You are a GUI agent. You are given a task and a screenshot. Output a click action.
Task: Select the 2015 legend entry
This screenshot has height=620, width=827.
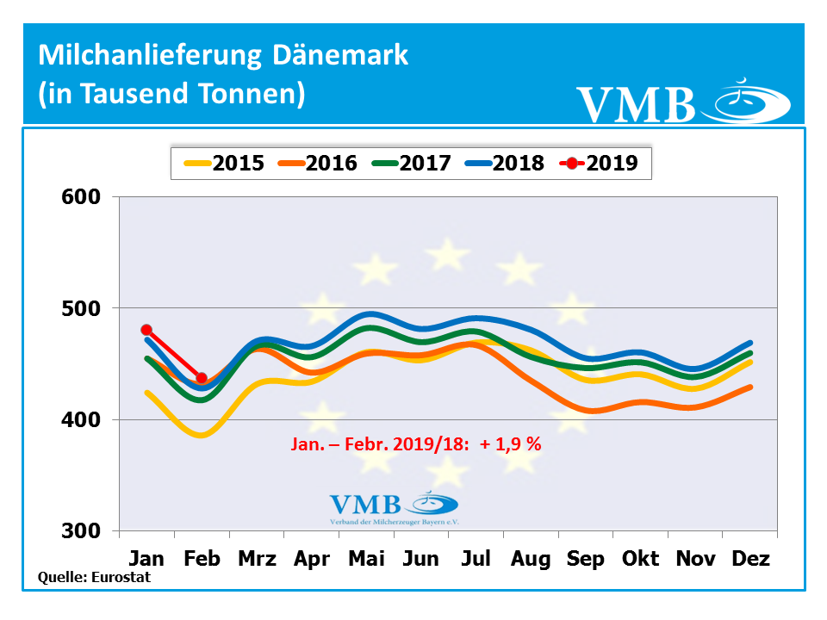tap(225, 162)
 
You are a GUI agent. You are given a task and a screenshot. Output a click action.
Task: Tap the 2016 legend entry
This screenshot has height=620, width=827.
tap(318, 162)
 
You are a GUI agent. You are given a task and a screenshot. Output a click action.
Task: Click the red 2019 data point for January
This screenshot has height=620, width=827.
tap(146, 330)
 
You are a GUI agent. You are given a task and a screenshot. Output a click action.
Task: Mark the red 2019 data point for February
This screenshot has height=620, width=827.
tap(202, 378)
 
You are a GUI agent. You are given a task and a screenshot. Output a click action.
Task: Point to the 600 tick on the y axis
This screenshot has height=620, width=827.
tap(84, 196)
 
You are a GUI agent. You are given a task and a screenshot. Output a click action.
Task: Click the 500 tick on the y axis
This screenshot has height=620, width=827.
tap(84, 308)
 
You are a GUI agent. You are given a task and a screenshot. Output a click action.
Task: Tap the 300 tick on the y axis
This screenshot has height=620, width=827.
tap(84, 531)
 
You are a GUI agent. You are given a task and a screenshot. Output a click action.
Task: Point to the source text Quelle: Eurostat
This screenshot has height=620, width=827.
tap(95, 578)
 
